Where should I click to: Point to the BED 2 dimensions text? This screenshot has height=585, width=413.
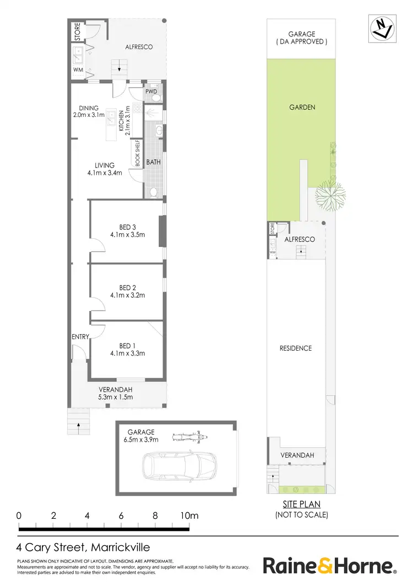pos(127,295)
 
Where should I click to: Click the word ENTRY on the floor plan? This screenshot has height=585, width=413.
pos(80,337)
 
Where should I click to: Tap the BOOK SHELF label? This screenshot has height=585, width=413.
pos(138,153)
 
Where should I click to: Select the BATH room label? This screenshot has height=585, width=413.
pos(153,163)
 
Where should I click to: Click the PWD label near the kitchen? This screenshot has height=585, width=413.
pos(151,92)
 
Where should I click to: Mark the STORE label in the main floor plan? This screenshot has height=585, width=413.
pos(77,31)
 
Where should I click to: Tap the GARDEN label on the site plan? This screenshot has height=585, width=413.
pos(302,107)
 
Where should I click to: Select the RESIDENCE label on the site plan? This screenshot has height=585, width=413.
pos(296,348)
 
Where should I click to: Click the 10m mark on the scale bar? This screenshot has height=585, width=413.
pos(189,516)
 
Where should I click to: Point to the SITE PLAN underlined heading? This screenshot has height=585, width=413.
pos(301,504)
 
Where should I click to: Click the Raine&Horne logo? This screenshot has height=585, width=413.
pos(329,566)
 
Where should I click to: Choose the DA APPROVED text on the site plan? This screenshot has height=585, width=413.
pos(302,41)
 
